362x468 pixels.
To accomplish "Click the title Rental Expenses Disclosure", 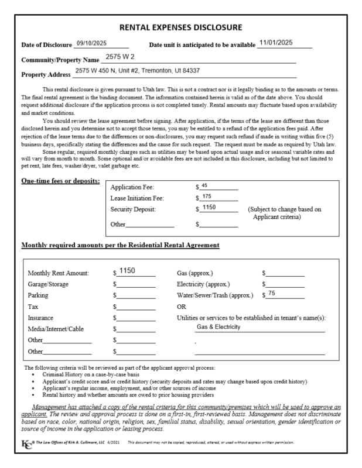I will point(180,27).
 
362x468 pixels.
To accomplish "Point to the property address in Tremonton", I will point(137,71).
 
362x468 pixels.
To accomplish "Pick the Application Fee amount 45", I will point(204,185).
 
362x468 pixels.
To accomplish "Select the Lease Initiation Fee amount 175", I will point(207,197).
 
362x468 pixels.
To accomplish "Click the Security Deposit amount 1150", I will point(209,208).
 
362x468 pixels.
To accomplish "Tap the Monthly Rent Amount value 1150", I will point(127,271).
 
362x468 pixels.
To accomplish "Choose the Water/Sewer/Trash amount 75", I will point(272,293).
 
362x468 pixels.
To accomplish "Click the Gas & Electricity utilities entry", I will point(218,327).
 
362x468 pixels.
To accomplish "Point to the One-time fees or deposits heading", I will point(60,181).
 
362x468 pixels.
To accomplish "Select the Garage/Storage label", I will point(48,284).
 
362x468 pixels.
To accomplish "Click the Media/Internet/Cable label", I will point(56,329).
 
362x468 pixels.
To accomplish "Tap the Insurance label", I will point(40,318).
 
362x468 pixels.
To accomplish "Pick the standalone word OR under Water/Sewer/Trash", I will point(182,307).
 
